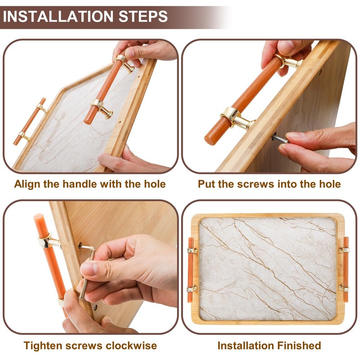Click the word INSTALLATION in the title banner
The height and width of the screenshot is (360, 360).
tap(58, 16)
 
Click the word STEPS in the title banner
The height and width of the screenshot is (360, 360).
tap(143, 16)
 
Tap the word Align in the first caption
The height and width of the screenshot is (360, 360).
tap(27, 184)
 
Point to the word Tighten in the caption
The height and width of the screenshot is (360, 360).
tap(42, 346)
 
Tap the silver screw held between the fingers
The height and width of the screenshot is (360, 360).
tap(280, 139)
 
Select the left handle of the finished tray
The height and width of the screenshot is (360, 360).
tap(191, 269)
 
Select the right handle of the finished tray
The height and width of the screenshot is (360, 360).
tap(345, 269)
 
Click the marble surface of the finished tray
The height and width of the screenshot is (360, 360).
tap(268, 269)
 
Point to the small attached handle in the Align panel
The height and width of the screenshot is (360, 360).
tap(30, 121)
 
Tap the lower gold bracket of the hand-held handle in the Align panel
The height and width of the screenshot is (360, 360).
tap(102, 108)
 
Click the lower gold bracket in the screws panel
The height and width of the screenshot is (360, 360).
tap(237, 118)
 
